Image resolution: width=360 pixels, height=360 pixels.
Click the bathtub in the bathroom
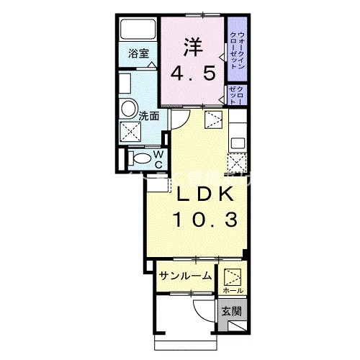139,30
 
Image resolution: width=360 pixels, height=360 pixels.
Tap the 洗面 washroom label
149,115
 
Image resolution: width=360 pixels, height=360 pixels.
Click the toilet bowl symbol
141,158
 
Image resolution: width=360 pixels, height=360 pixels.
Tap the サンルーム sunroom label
185,275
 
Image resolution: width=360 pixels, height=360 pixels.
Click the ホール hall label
233,289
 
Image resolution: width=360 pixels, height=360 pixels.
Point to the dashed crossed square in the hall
233,276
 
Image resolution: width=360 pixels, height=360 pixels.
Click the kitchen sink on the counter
237,142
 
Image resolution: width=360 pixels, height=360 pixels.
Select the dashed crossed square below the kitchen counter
237,163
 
